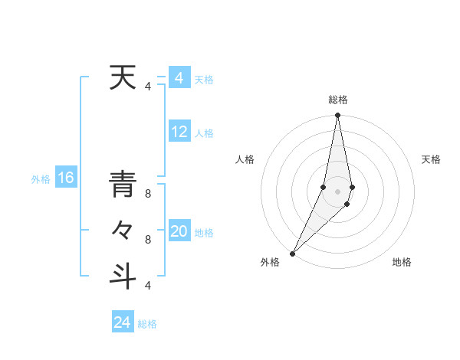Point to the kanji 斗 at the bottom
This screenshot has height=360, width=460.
pos(122,275)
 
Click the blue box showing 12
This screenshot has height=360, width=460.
pos(179,132)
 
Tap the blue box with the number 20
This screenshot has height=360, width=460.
pos(179,231)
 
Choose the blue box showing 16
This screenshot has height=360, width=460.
pos(66,178)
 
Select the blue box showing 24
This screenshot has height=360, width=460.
pos(122,322)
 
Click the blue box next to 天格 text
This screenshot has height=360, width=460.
pos(179,78)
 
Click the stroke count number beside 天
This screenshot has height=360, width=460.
pos(147,87)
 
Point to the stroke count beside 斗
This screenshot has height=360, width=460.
pos(147,286)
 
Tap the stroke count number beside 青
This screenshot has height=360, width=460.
pos(147,194)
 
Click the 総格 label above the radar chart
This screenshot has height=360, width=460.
pos(338,100)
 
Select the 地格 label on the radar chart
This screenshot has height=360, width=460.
pos(402,263)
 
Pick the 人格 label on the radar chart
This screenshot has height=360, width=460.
pos(245,159)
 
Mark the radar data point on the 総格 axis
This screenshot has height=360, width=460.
pos(337,116)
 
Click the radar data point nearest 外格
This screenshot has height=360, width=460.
pos(292,253)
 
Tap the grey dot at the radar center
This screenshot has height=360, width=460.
pos(337,191)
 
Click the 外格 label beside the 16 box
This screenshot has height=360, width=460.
pos(41,179)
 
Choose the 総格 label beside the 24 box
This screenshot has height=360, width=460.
pos(147,324)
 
